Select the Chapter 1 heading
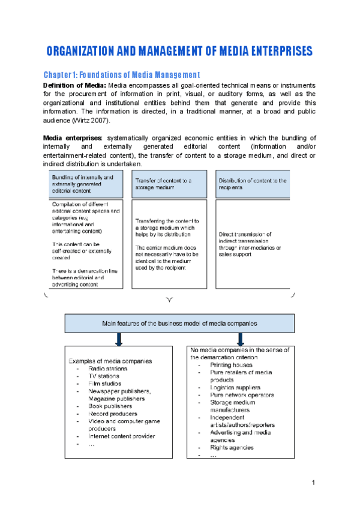122,75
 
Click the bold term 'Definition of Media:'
74,85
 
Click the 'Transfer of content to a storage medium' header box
169,184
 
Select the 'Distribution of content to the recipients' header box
253,184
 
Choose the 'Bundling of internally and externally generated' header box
85,184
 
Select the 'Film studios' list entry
105,384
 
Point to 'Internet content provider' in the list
122,436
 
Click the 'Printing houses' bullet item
231,365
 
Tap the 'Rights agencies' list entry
232,448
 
